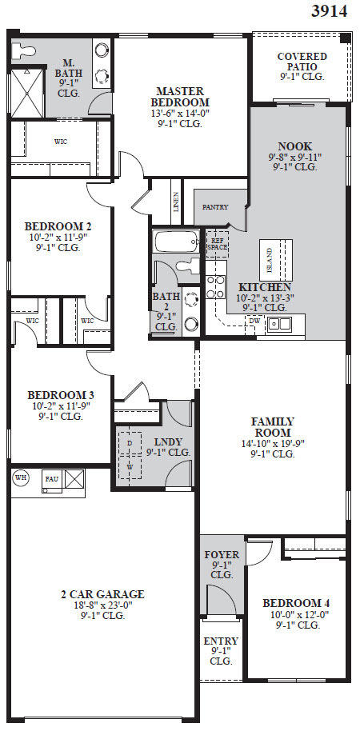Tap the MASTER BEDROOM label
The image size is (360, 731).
(182, 97)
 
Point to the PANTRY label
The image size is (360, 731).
(214, 207)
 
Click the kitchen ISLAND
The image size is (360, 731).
(270, 258)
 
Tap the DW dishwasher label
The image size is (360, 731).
(254, 322)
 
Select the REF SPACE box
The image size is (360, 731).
(217, 243)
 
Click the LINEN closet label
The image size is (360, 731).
(176, 197)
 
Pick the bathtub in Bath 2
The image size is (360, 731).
(176, 242)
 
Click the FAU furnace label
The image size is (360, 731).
(52, 479)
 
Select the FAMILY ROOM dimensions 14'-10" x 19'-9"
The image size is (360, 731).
(273, 443)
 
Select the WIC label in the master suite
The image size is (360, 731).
(60, 142)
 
